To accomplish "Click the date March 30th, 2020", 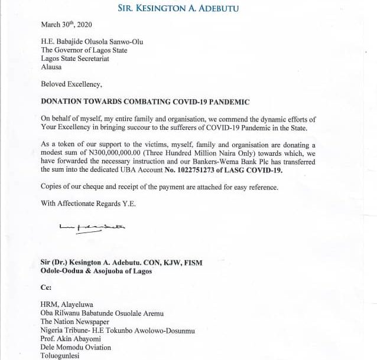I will [x=67, y=25].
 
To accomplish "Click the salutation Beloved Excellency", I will [x=71, y=84].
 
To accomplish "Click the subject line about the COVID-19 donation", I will [x=145, y=102].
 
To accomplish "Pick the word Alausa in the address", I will [x=53, y=67].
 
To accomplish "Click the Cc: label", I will [x=47, y=288].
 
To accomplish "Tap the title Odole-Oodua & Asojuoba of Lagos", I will [x=96, y=271].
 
